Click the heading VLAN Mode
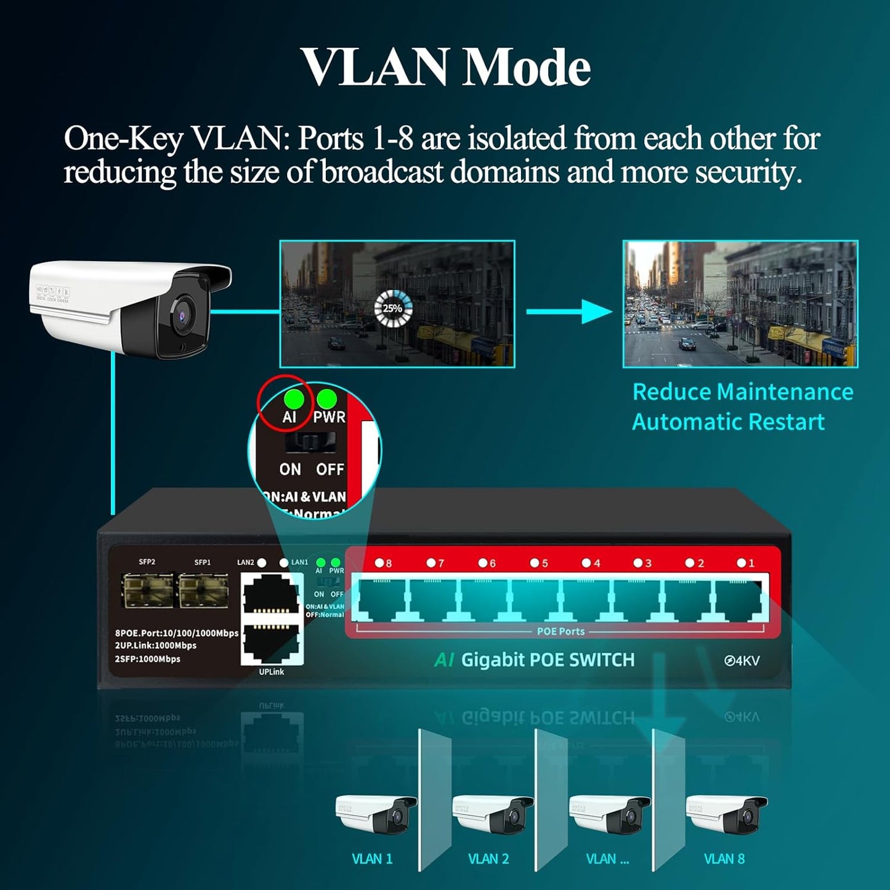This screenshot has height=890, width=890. [x=445, y=67]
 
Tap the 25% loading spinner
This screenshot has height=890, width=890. [x=393, y=308]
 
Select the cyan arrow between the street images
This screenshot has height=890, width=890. [x=568, y=312]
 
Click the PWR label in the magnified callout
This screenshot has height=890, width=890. [x=330, y=417]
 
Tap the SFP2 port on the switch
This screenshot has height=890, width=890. [x=147, y=590]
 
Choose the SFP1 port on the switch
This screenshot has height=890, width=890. [x=203, y=590]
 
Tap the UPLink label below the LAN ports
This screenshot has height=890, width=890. [x=272, y=672]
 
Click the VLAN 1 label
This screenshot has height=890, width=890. [x=372, y=859]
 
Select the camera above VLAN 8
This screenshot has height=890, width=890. [x=726, y=812]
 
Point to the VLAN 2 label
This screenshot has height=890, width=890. [x=488, y=859]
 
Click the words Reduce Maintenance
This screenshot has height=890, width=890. [x=743, y=392]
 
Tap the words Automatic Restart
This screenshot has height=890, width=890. [x=728, y=422]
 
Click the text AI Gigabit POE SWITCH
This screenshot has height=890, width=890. [x=535, y=660]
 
